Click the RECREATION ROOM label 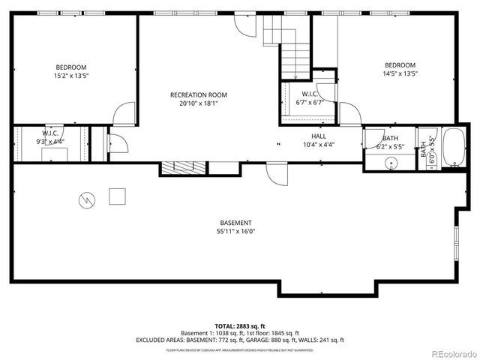coord(198,95)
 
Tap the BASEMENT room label coord(235,223)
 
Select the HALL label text coord(319,136)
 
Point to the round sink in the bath coord(391,163)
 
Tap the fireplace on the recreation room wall coord(183,168)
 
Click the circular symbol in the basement coord(87,199)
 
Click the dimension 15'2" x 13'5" coord(72,75)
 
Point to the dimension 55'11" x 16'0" coord(235,232)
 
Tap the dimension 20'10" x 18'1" coord(198,104)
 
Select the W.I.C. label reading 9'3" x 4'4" coord(50,137)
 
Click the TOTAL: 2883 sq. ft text coord(239,325)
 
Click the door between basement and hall coord(276,174)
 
